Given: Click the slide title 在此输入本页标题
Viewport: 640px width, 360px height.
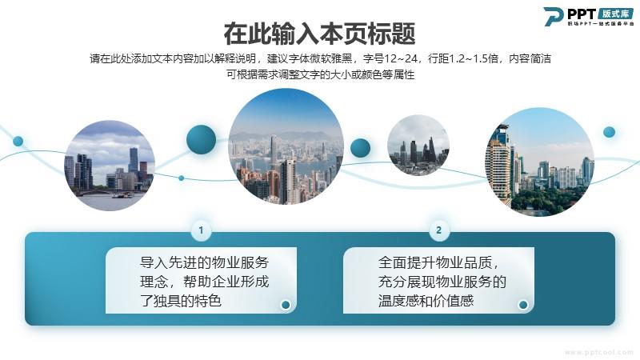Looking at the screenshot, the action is (319, 34).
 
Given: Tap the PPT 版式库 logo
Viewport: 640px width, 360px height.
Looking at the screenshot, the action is (589, 17).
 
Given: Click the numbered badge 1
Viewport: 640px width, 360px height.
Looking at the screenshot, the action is (201, 230).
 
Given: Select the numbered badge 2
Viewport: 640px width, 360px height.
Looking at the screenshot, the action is (438, 230).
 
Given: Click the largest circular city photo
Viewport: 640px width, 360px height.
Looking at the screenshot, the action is (286, 146).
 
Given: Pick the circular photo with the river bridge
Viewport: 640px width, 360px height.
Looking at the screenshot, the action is (110, 166).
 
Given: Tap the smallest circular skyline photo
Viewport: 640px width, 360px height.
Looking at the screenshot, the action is (418, 146).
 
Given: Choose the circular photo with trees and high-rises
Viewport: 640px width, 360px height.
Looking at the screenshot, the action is (539, 162).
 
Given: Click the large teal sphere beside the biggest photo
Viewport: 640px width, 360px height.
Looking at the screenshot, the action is (202, 139).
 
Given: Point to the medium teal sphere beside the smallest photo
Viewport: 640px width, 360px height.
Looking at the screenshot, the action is (361, 148).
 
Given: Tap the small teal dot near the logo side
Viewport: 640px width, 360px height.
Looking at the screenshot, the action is (609, 132).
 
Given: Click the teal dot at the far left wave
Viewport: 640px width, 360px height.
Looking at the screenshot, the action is (18, 142).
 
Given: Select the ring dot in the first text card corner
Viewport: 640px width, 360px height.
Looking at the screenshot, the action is (286, 305).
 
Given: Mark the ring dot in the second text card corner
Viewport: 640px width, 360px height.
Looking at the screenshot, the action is (523, 305).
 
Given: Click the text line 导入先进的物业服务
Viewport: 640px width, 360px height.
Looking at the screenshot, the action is (204, 262).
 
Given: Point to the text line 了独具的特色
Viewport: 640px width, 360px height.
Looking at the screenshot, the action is (181, 301).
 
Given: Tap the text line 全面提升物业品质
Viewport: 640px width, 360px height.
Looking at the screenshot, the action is (438, 262).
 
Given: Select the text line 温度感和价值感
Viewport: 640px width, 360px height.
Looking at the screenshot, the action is (426, 301).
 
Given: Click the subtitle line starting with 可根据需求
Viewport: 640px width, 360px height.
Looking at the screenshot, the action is (321, 74).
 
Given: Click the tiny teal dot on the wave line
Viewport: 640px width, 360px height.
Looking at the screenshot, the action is (182, 178).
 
